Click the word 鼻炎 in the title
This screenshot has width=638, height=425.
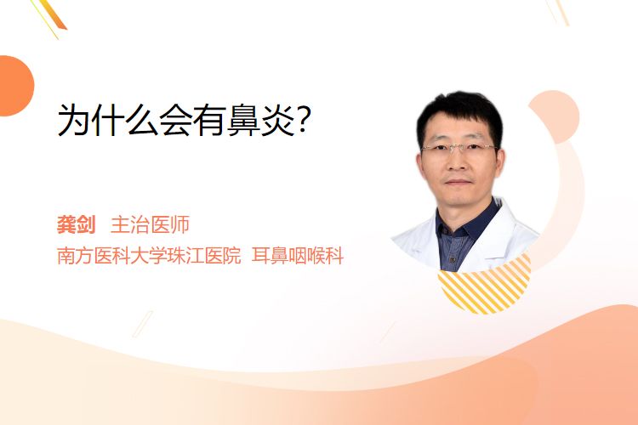pos(260,120)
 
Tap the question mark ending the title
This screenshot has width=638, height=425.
pos(304,119)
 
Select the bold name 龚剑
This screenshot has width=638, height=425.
pos(76,224)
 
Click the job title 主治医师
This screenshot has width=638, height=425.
pos(150,224)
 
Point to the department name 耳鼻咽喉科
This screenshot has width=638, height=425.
pos(298,255)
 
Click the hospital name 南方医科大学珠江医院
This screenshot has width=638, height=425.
pos(149,255)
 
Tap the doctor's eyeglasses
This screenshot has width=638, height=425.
pos(459,148)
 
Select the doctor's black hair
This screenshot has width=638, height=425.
pos(459,110)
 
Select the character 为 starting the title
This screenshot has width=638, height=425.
pos(74,120)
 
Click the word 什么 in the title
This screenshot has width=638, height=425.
pos(125,120)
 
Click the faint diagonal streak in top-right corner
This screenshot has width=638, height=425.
pos(558,11)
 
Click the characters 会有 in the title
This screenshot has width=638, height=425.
pos(192,120)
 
